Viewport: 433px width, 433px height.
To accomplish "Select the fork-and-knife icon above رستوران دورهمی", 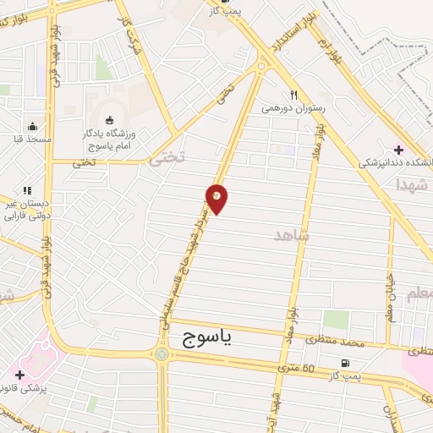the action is tap(293, 95).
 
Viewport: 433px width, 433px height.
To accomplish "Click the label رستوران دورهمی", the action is tap(293, 108).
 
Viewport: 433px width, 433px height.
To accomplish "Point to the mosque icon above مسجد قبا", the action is tap(33, 125).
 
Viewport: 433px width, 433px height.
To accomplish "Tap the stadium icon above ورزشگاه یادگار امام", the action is tap(108, 119).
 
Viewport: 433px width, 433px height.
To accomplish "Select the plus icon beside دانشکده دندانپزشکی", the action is tap(399, 149).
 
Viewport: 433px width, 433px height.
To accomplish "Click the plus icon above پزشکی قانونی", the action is tap(19, 374).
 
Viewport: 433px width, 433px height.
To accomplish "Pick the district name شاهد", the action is tap(292, 235).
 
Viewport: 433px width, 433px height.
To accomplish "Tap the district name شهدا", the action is tap(413, 184).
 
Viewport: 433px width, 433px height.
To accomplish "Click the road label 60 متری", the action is tap(297, 368).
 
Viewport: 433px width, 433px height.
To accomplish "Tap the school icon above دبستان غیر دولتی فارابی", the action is tap(27, 191).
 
